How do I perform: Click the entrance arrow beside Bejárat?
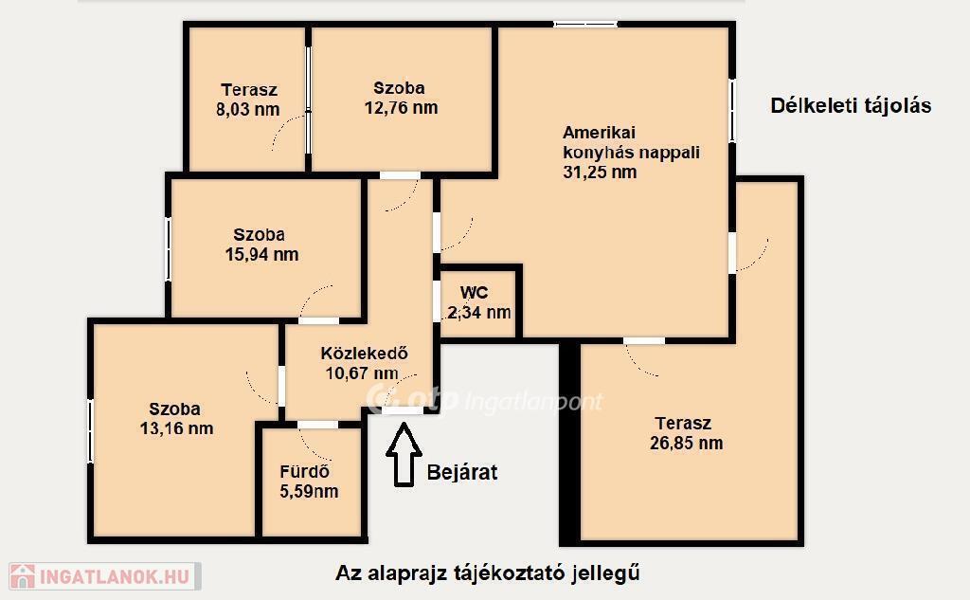[404, 454]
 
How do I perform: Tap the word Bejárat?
[462, 472]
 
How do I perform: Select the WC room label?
[474, 292]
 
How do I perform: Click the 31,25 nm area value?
[600, 173]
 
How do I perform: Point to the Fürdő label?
[304, 472]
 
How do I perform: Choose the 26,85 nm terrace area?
[686, 444]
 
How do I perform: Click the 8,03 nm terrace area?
[247, 110]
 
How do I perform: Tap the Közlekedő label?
[365, 354]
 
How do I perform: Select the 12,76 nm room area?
[401, 108]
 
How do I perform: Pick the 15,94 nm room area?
[261, 254]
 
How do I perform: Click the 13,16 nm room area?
[176, 428]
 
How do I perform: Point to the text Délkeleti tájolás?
[851, 106]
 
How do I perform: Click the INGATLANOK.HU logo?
[104, 576]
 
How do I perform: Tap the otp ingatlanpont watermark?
[484, 400]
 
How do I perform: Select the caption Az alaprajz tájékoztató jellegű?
[488, 573]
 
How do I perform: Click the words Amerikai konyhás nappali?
[631, 142]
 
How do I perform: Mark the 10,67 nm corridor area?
[362, 373]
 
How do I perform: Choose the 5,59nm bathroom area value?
[309, 492]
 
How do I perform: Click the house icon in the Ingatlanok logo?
[23, 576]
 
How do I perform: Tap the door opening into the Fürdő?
[318, 425]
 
